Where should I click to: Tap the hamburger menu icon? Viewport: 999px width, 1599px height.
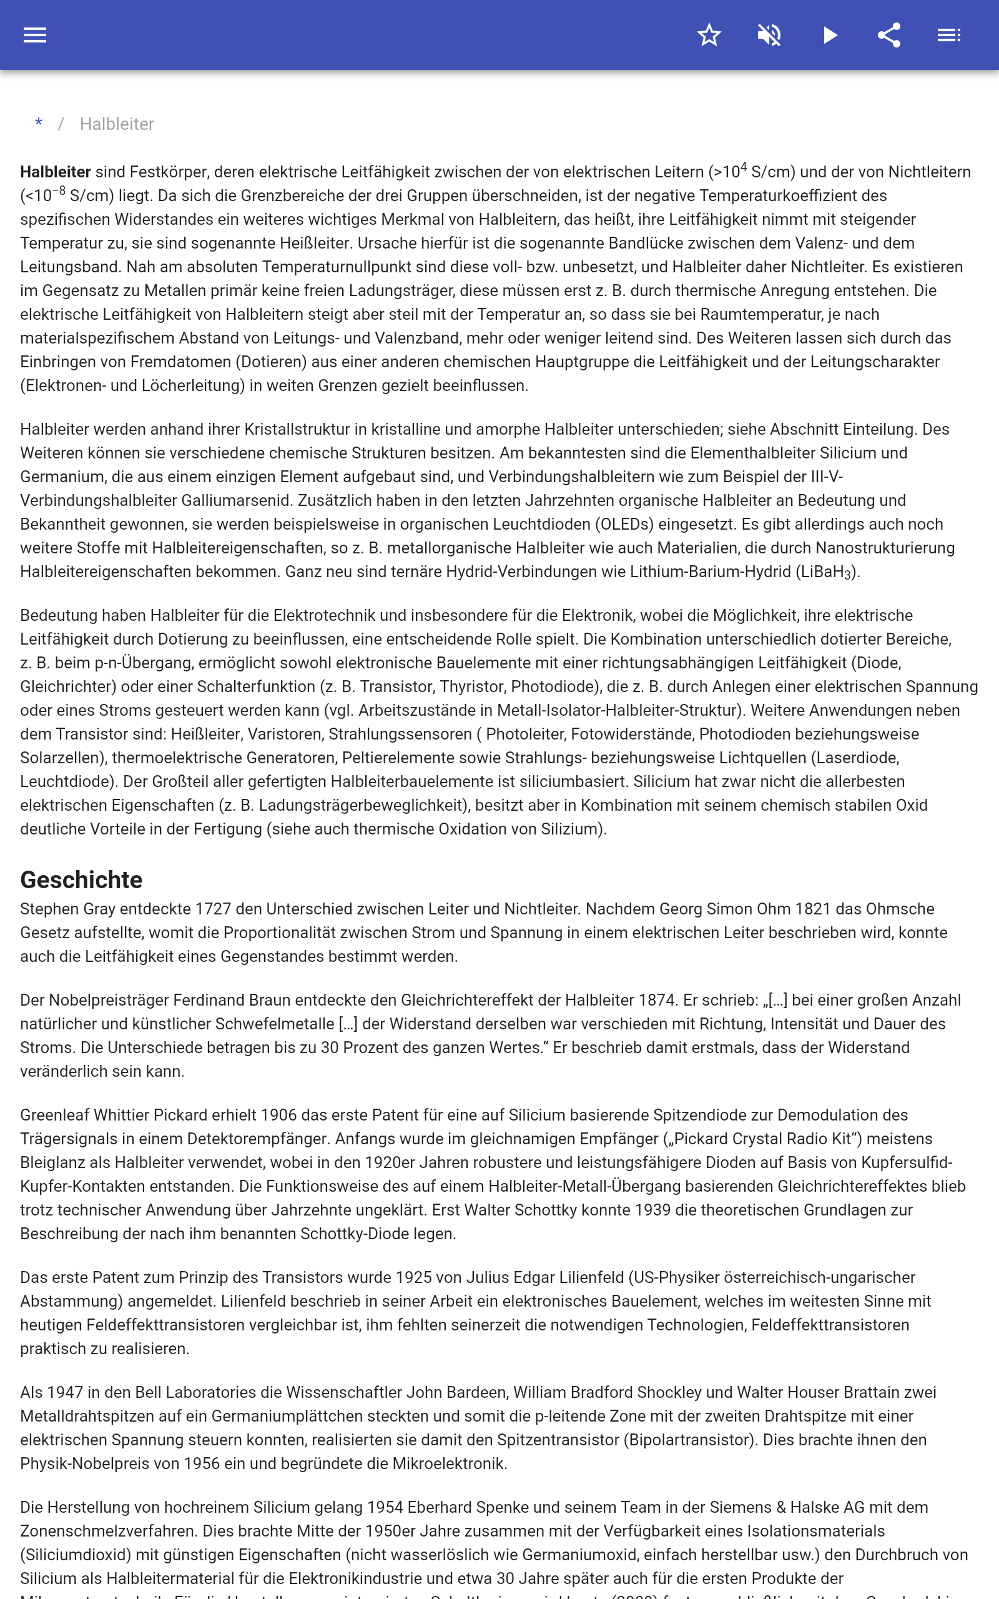[35, 35]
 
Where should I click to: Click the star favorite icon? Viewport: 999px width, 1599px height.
[709, 35]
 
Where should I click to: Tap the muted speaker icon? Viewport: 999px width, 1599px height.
[769, 35]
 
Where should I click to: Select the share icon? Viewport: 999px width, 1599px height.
[889, 35]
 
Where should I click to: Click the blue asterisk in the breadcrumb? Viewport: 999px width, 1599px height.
[39, 124]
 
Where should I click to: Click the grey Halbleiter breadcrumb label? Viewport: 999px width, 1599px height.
[117, 124]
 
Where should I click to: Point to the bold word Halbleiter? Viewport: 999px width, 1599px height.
[56, 172]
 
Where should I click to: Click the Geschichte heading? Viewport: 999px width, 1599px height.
[81, 879]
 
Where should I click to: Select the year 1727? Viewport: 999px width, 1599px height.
[214, 909]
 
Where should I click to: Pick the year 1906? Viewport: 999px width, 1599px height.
[279, 1116]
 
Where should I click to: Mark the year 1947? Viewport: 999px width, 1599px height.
[65, 1393]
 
